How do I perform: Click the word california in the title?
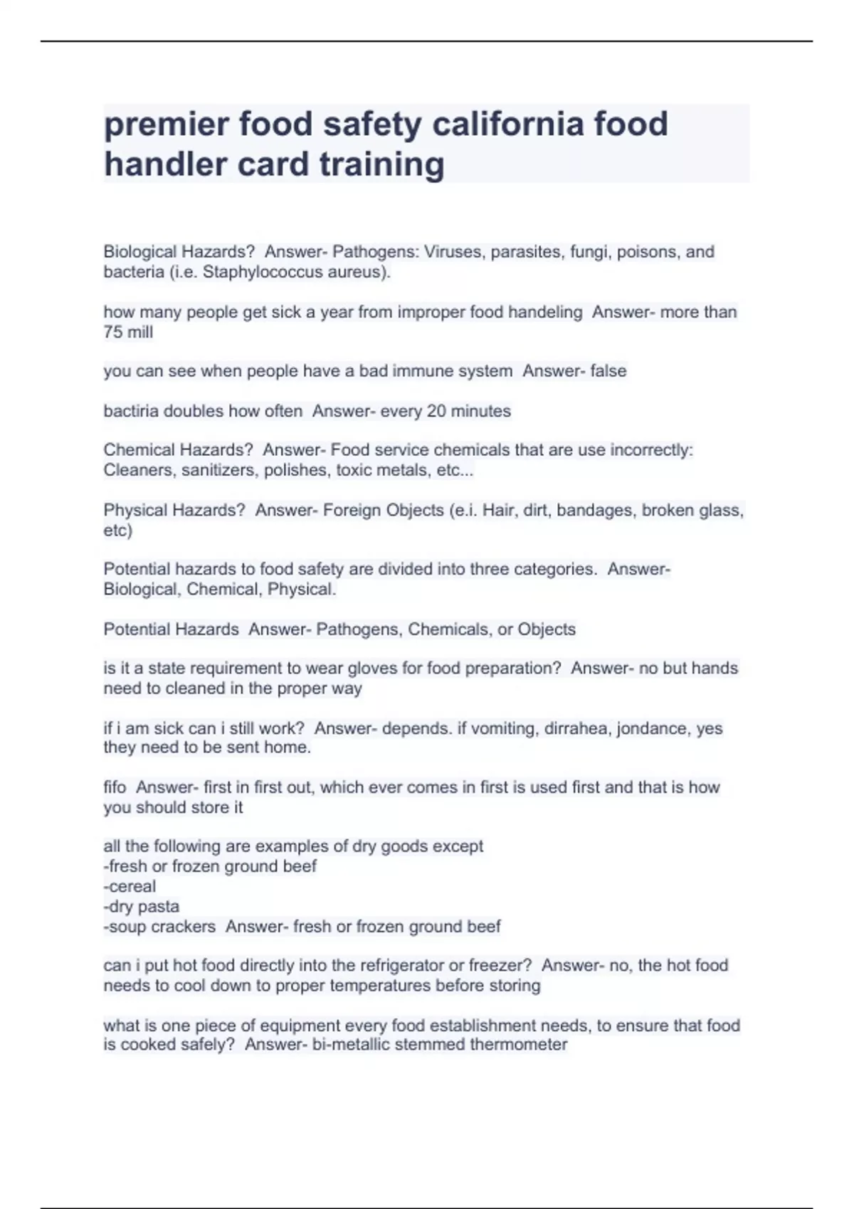point(508,124)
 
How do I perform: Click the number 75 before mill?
point(113,332)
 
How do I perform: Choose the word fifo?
point(115,787)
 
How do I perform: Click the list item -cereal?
point(130,887)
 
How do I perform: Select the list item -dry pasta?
point(141,907)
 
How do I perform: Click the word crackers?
point(184,927)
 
